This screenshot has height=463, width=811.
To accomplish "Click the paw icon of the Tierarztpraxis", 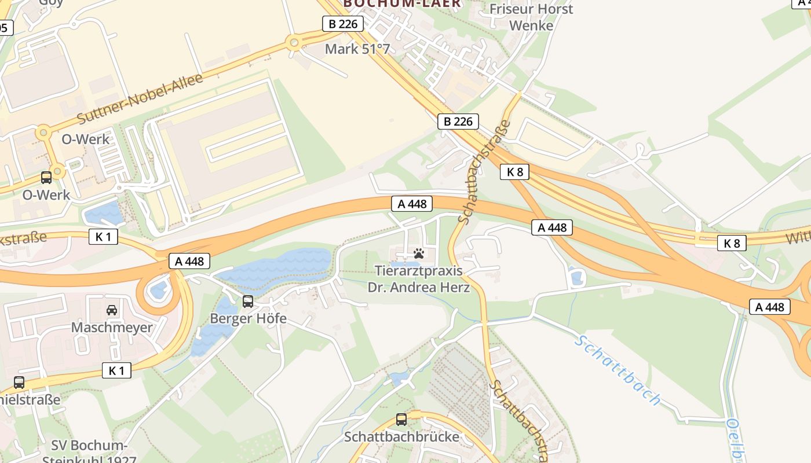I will (419, 253).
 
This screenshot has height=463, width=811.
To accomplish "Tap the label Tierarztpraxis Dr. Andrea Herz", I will (419, 278).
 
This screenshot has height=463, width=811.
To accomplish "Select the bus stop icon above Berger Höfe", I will (248, 301).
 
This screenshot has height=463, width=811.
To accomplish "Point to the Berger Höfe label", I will (248, 318).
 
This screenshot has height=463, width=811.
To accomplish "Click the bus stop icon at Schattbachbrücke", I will (401, 420).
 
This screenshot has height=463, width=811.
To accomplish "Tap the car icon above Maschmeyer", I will (112, 310).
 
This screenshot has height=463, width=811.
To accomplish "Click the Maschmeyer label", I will (112, 327).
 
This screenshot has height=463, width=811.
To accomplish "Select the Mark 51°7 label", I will (357, 49).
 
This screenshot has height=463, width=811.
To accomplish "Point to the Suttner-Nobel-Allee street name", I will (140, 98).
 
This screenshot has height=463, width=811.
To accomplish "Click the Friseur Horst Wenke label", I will (531, 17).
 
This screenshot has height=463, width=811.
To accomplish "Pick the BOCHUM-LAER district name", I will (402, 3).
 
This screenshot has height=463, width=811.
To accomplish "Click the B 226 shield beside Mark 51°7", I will (343, 24).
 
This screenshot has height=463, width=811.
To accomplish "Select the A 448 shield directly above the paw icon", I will (412, 204).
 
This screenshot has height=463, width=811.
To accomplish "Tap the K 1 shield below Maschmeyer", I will (116, 370).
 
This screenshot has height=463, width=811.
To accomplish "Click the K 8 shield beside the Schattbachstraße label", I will (514, 172).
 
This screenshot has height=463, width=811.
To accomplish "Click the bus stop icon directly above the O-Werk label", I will (46, 178).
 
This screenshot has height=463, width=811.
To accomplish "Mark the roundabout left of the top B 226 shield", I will (294, 42).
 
